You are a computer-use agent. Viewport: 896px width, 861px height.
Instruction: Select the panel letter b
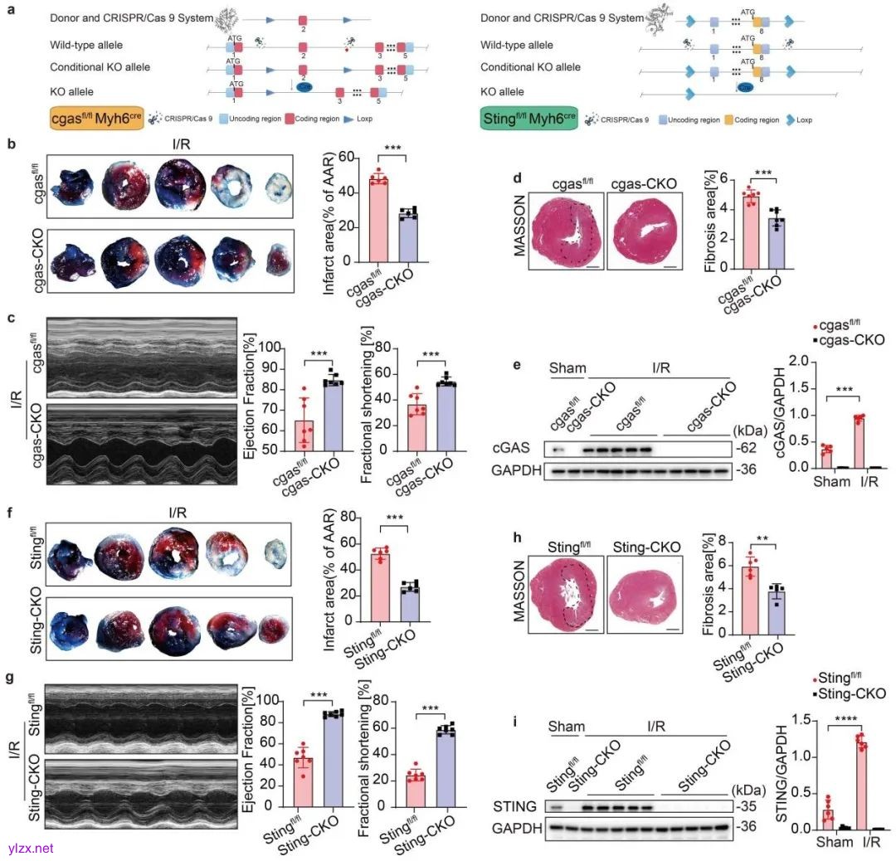click(11, 143)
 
